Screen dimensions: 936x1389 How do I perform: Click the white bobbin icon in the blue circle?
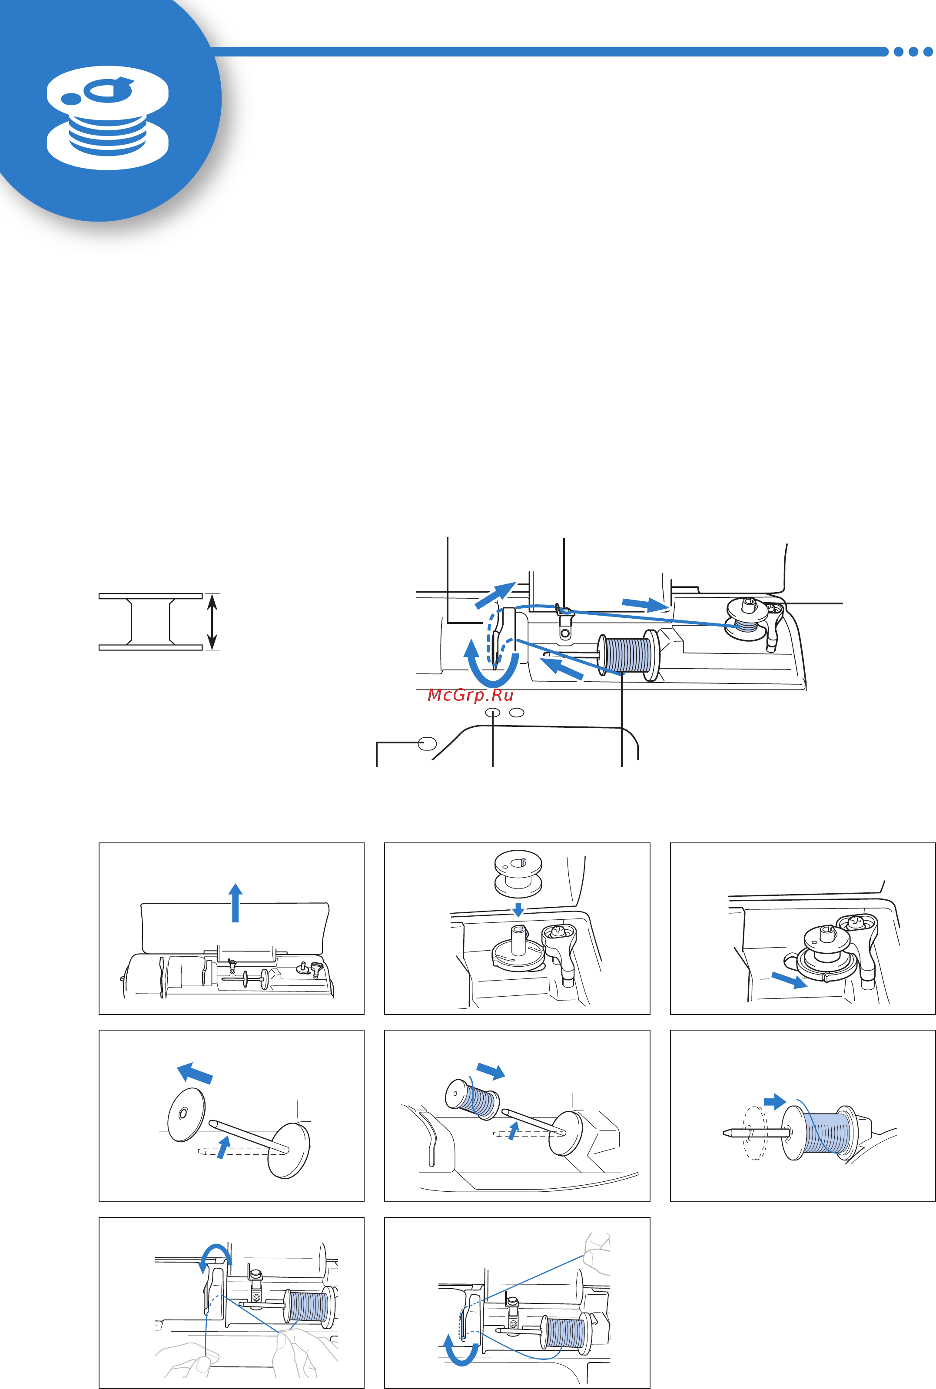(x=107, y=118)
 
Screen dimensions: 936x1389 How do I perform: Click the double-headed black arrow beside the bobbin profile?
(x=212, y=621)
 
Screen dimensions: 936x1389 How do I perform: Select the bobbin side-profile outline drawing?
(x=150, y=621)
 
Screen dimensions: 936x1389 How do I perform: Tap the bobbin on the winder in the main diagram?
(x=746, y=621)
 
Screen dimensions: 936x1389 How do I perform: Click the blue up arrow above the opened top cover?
(x=236, y=902)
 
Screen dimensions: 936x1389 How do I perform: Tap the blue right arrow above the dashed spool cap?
(x=775, y=1101)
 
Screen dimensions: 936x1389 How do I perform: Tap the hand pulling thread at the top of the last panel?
(x=596, y=1252)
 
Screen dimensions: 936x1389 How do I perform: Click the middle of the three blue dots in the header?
(x=913, y=52)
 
